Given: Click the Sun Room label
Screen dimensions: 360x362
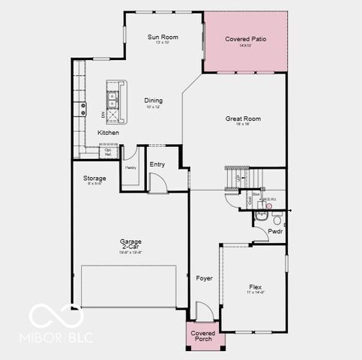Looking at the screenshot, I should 162,37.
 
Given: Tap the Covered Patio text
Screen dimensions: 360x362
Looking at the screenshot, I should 246,39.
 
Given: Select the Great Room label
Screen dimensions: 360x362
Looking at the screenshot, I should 243,118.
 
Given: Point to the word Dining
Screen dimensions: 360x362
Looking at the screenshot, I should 152,100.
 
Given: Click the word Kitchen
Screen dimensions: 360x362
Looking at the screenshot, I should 108,133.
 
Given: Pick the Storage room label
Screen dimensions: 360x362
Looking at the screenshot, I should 94,178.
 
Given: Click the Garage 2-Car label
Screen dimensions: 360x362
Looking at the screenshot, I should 131,244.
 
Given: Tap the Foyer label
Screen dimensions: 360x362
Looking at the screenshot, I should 205,278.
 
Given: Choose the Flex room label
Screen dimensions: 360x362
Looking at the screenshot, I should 257,286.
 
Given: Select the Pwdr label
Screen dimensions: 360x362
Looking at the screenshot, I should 276,232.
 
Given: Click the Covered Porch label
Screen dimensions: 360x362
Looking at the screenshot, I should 203,335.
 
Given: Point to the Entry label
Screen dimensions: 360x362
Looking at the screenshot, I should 157,164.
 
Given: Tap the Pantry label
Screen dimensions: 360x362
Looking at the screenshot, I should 130,168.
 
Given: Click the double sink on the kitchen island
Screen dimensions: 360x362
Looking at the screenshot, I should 114,95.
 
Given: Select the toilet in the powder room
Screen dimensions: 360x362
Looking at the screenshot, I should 277,219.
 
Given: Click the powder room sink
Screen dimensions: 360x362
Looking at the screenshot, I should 261,215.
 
